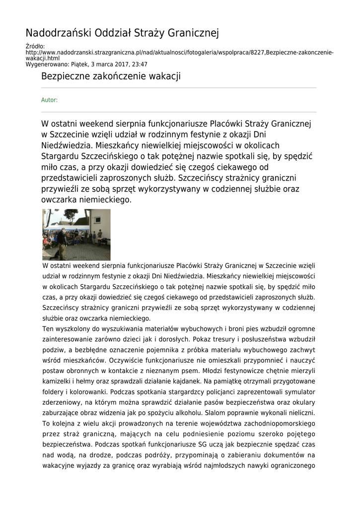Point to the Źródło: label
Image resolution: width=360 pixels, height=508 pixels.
pos(35,47)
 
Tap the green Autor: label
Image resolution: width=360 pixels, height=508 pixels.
pos(49,100)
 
